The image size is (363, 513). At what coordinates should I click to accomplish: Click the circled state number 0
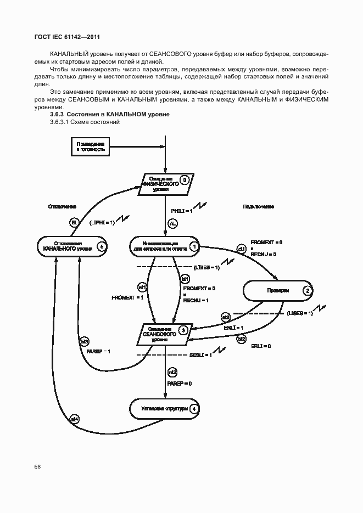click(185, 179)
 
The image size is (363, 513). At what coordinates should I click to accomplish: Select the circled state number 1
click(194, 247)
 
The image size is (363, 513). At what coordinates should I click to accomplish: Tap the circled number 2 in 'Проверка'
click(308, 291)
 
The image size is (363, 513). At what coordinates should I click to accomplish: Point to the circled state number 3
click(183, 330)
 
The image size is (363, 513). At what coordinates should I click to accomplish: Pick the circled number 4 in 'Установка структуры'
click(193, 409)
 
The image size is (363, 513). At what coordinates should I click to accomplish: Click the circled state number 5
click(100, 247)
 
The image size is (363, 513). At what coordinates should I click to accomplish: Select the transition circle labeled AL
click(172, 223)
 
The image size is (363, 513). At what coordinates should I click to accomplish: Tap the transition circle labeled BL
click(75, 223)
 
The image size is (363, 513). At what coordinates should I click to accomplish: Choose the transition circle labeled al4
click(75, 419)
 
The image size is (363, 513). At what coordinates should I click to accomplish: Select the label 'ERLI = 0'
click(261, 347)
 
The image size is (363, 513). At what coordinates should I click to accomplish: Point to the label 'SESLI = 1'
click(199, 355)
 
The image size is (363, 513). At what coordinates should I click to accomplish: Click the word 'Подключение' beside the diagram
click(258, 207)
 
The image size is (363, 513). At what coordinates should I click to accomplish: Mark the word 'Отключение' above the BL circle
click(62, 207)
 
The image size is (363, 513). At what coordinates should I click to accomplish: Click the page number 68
click(37, 466)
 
